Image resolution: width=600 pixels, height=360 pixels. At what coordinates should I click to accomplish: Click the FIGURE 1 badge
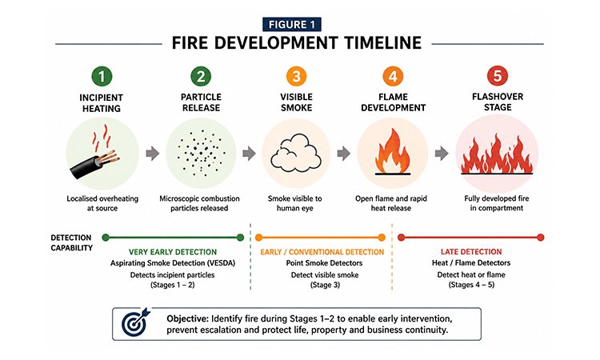(291, 25)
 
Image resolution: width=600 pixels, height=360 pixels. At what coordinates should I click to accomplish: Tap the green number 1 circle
(102, 77)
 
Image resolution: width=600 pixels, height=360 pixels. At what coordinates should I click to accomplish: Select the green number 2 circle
(201, 76)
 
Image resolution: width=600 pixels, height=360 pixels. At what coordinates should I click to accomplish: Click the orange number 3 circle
(296, 76)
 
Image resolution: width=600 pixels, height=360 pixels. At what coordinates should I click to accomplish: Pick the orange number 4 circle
(393, 76)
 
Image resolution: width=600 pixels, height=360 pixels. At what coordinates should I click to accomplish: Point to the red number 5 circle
(498, 76)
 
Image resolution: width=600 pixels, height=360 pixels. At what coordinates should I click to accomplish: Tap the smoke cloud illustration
(296, 153)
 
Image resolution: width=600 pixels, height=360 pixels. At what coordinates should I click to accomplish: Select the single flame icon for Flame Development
(393, 152)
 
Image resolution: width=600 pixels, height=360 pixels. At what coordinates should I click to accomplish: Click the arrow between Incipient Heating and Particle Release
(152, 153)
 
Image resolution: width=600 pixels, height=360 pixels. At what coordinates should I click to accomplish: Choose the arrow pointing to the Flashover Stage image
(442, 153)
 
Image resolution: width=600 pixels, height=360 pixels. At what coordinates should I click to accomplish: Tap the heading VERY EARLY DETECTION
(173, 252)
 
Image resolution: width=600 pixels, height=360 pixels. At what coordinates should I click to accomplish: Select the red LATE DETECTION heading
(471, 252)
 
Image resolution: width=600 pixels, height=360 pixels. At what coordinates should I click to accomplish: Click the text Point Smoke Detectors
(324, 263)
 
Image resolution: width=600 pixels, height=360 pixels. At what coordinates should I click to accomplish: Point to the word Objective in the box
(187, 318)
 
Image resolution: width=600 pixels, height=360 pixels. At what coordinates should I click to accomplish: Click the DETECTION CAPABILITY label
(71, 242)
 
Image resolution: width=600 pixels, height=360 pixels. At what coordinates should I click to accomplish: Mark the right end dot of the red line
(540, 238)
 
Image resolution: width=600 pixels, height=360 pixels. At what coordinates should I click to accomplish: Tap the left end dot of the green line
(106, 238)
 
